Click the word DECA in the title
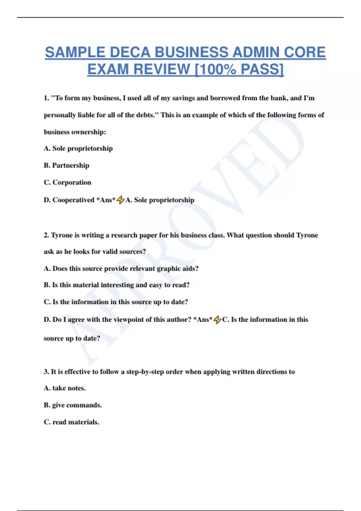coord(130,52)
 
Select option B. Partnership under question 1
coord(66,165)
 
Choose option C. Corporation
coord(67,182)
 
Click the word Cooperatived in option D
coord(73,200)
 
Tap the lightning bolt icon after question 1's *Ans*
coord(121,200)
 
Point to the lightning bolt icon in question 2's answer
coord(218,320)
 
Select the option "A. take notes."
coord(65,388)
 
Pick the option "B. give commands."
coord(73,405)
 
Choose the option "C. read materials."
coord(71,422)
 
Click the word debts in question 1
coord(146,115)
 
